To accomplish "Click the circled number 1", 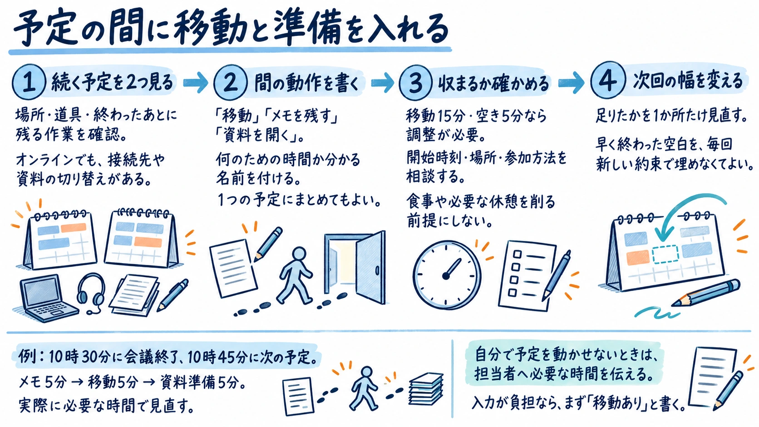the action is click(x=29, y=83).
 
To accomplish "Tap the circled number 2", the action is click(x=231, y=82).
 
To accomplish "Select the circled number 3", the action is click(x=415, y=82).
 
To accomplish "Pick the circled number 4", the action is click(x=608, y=80).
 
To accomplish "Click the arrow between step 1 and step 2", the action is click(x=196, y=82).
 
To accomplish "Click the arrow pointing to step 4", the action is click(x=571, y=82).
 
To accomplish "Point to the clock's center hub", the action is click(x=446, y=276).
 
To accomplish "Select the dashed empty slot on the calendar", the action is click(x=665, y=255).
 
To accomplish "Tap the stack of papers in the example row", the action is click(x=426, y=389).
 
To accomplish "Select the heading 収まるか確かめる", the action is click(x=493, y=83).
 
